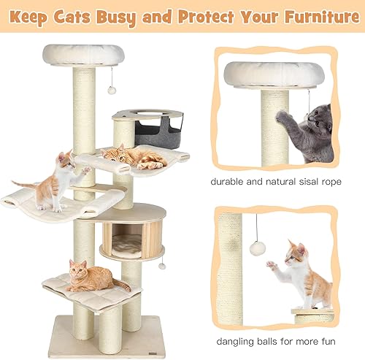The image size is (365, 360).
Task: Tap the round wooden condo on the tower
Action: coord(133,231)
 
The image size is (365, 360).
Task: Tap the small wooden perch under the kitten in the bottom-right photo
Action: coord(313,315)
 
